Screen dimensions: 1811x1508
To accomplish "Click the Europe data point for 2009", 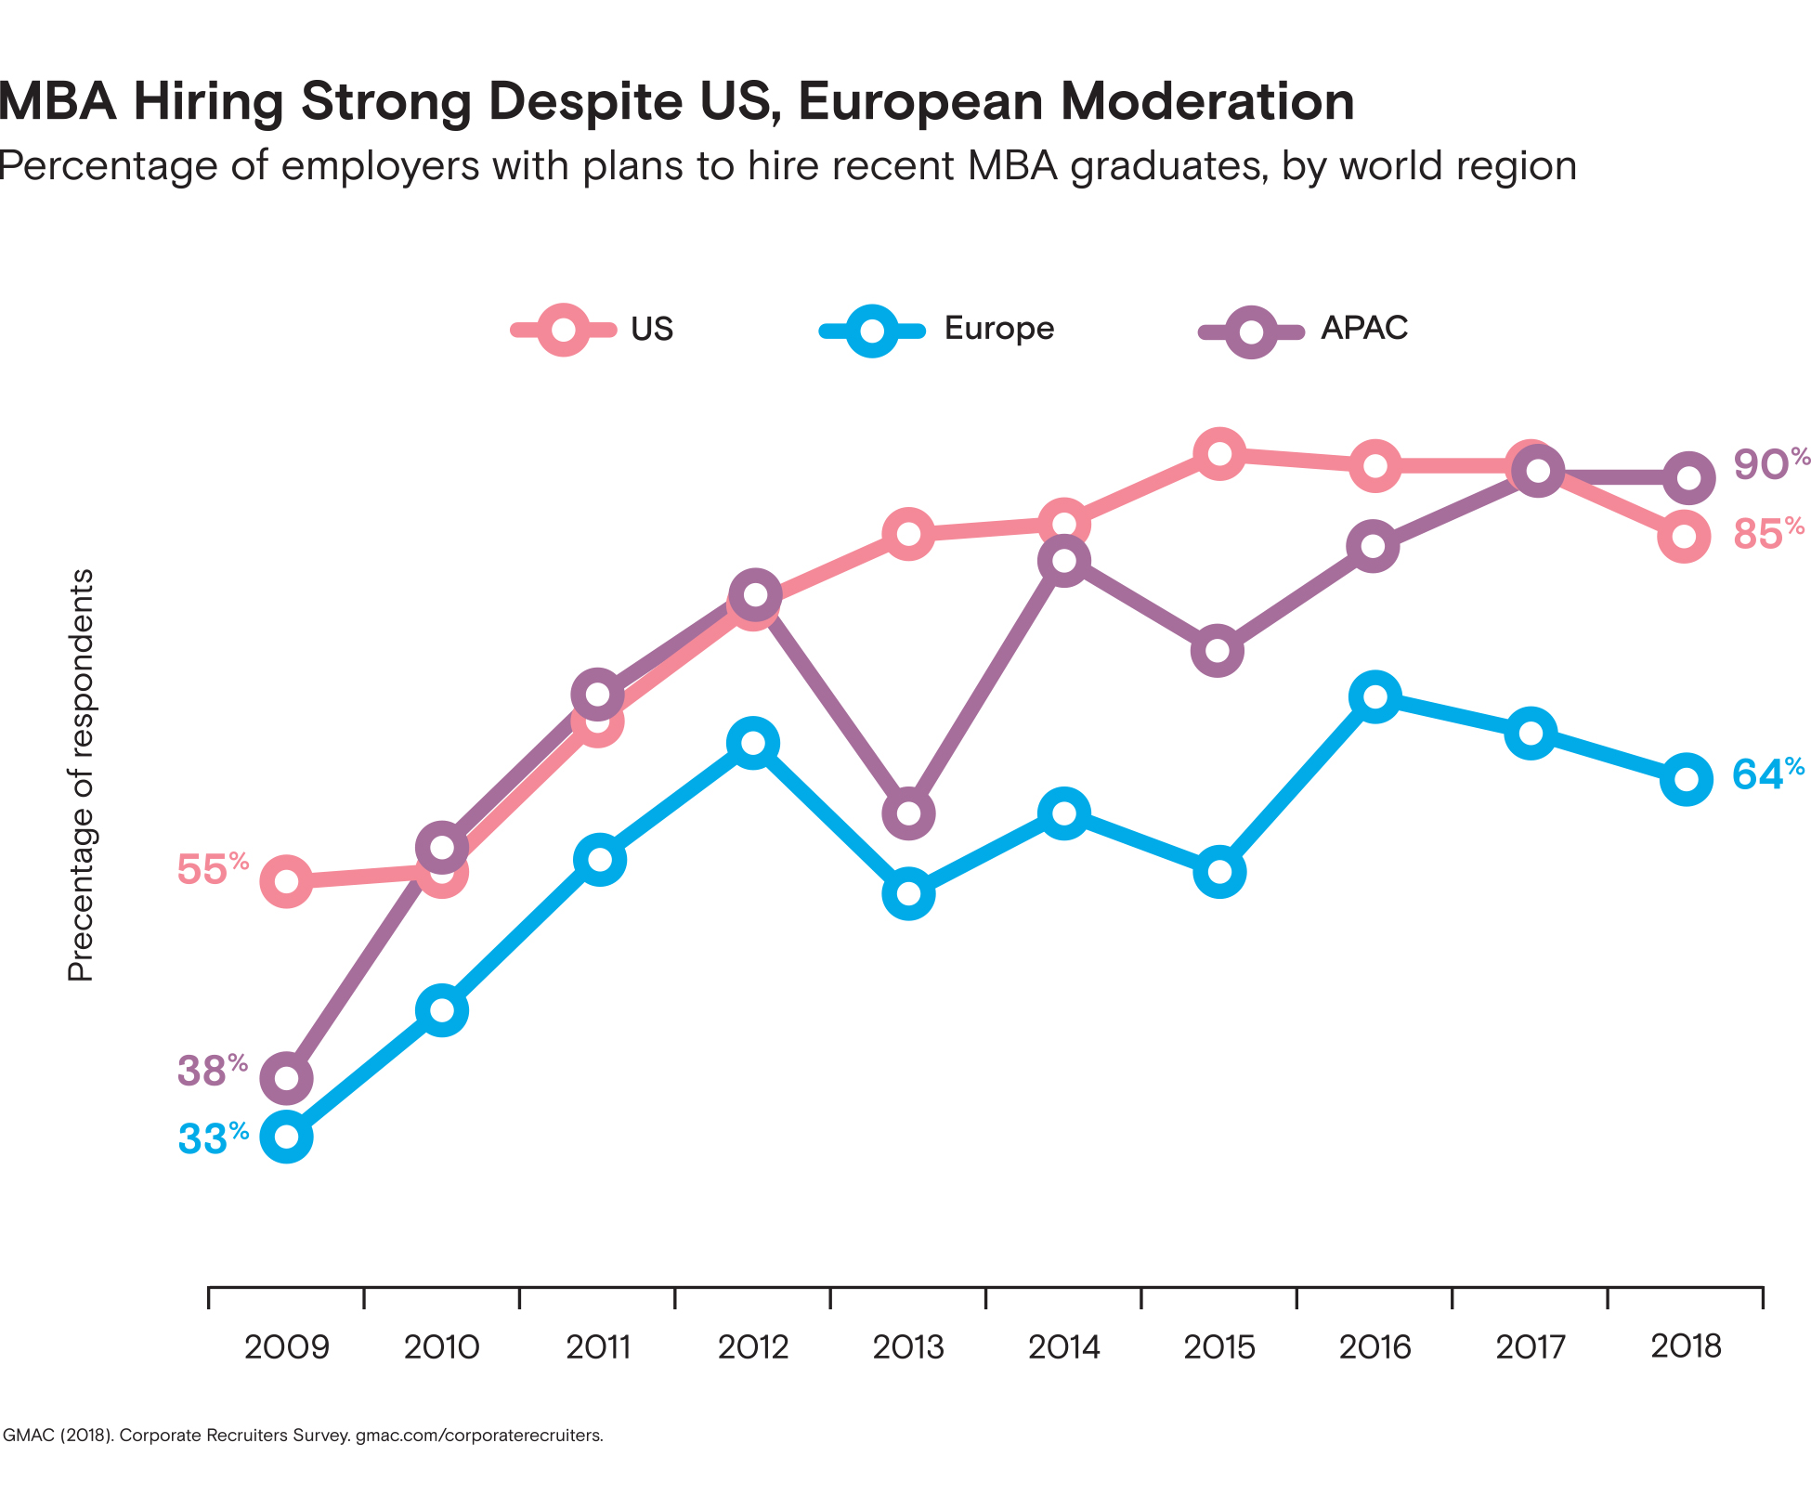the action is pyautogui.click(x=287, y=1137).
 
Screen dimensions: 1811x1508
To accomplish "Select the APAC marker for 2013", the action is pyautogui.click(x=909, y=813).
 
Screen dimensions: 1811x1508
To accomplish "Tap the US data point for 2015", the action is pyautogui.click(x=1219, y=454).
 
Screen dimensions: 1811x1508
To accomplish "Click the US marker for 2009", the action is pyautogui.click(x=287, y=880).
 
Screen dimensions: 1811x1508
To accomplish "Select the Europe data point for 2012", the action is pyautogui.click(x=753, y=743).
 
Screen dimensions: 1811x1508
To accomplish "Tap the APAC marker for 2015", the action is pyautogui.click(x=1217, y=650).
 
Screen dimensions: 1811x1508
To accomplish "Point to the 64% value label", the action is pyautogui.click(x=1768, y=773).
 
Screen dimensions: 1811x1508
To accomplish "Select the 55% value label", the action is pyautogui.click(x=213, y=869).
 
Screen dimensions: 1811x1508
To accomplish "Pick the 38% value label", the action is pyautogui.click(x=213, y=1070).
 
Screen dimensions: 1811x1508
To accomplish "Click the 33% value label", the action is pyautogui.click(x=214, y=1138).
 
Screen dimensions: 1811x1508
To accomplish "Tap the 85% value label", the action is pyautogui.click(x=1768, y=534).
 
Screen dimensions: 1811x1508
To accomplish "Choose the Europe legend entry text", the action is pyautogui.click(x=999, y=329).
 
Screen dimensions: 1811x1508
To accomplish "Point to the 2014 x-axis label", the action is pyautogui.click(x=1064, y=1346).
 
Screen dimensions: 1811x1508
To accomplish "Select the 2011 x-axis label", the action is pyautogui.click(x=599, y=1346).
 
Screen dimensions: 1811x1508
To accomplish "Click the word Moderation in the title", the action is pyautogui.click(x=1207, y=101).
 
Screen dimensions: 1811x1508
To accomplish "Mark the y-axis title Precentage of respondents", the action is pyautogui.click(x=82, y=774).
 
